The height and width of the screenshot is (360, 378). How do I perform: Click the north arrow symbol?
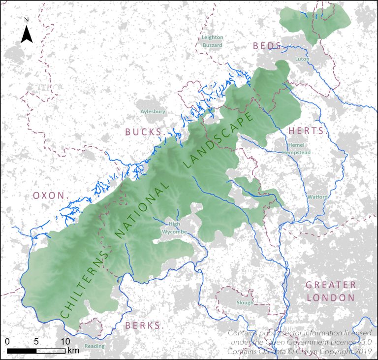pos(27,32)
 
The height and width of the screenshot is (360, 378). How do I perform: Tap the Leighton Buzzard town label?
pos(213,41)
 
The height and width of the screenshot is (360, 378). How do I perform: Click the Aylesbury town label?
pos(153,112)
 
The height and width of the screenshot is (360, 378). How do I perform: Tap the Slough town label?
pos(245,303)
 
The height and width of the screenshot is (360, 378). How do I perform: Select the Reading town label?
pos(94,346)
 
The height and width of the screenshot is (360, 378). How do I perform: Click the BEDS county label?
pos(267,46)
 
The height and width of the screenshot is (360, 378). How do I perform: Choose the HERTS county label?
pos(306,131)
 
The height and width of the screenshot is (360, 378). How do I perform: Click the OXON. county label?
pos(49,196)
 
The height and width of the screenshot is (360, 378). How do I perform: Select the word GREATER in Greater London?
pos(330,285)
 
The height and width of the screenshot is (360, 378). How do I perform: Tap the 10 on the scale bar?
pos(64,341)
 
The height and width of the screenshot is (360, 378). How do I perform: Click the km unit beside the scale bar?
pos(73,351)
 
